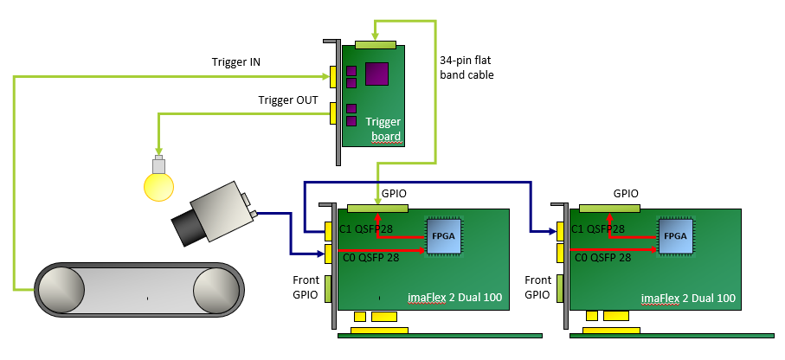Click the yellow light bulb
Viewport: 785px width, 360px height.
[x=158, y=183]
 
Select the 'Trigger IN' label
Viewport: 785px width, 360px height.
[x=235, y=62]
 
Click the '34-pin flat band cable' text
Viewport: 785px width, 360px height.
[x=466, y=67]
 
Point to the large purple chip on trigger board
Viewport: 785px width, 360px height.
[x=376, y=74]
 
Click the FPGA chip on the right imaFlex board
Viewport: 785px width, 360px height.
[x=675, y=235]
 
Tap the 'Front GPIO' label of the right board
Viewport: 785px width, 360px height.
[x=537, y=287]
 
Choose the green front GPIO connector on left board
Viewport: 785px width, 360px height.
[x=329, y=288]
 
